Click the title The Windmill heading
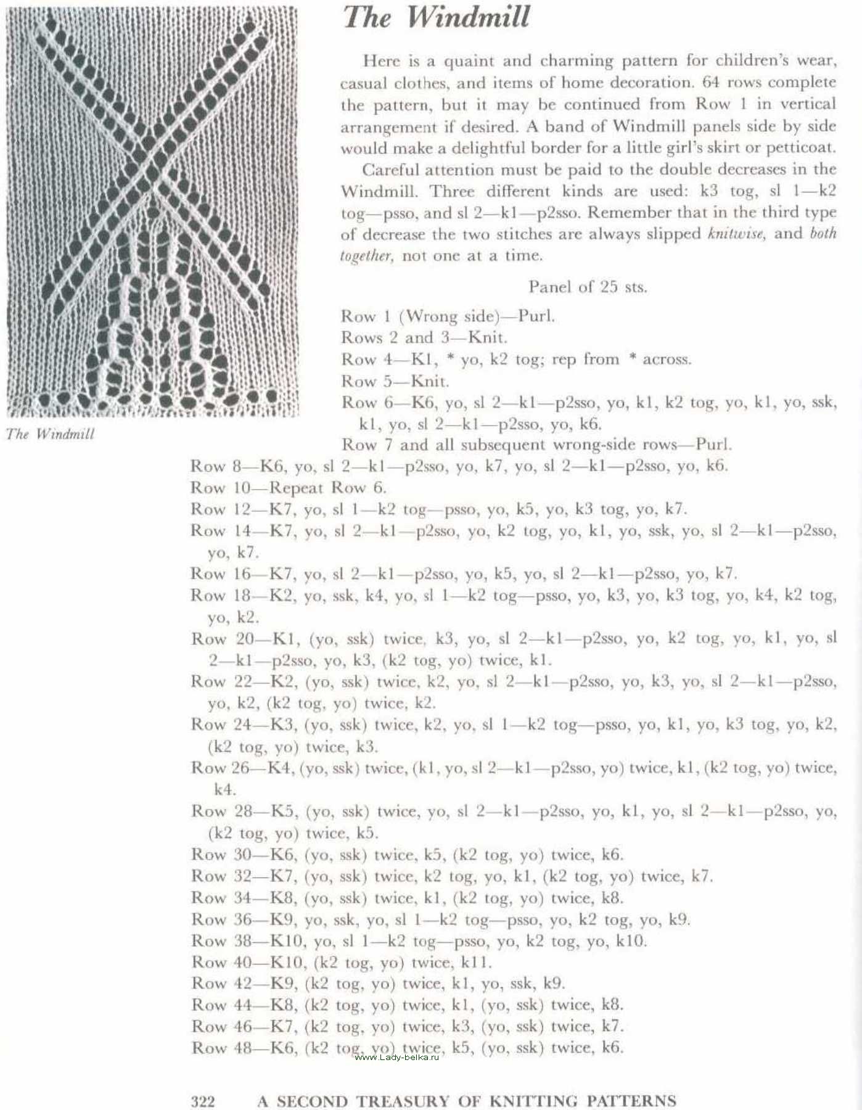tap(437, 17)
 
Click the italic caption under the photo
tap(51, 434)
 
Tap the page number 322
tap(203, 1101)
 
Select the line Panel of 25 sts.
tap(588, 287)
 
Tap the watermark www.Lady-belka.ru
tap(397, 1057)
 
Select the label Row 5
tap(369, 381)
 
